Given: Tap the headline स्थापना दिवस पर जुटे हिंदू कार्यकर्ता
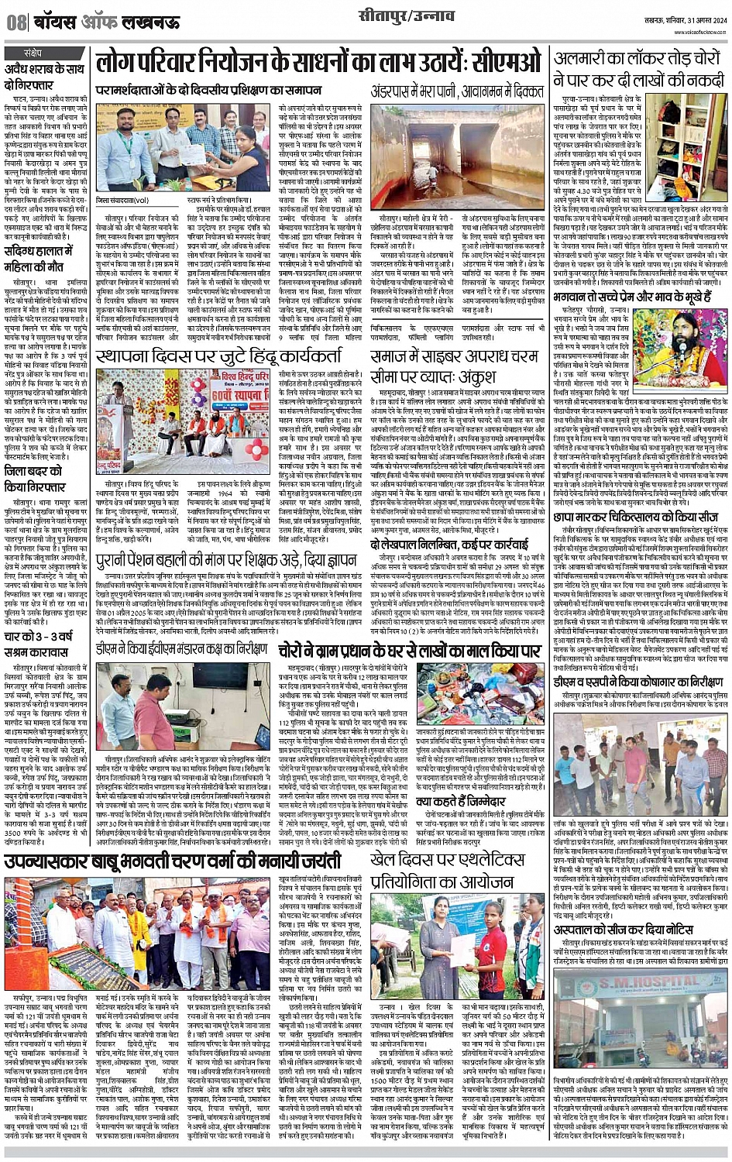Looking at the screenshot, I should (226, 359).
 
